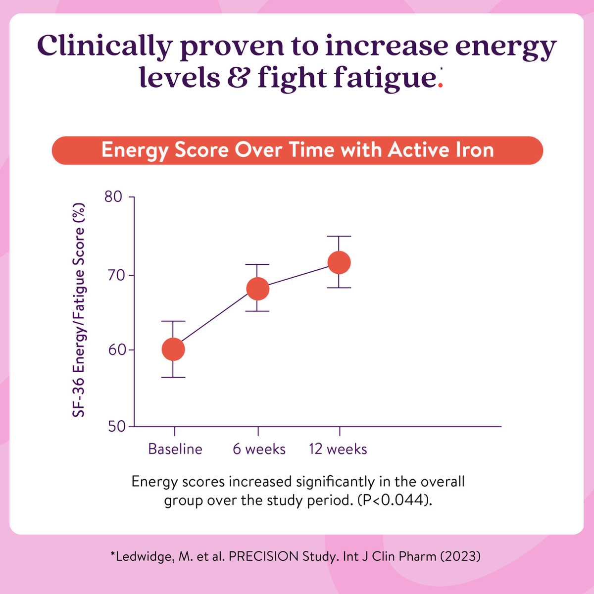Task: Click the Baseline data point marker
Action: (x=173, y=349)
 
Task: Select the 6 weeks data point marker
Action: (x=257, y=289)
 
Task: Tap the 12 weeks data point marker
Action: (x=340, y=262)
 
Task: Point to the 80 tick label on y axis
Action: (x=113, y=197)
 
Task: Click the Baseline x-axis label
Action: (x=175, y=449)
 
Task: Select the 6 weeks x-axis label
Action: (x=259, y=449)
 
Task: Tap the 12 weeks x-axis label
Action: (x=338, y=449)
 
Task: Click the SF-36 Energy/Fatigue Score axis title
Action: (x=79, y=311)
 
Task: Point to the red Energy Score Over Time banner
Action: (x=297, y=150)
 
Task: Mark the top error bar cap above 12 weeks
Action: (x=339, y=237)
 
